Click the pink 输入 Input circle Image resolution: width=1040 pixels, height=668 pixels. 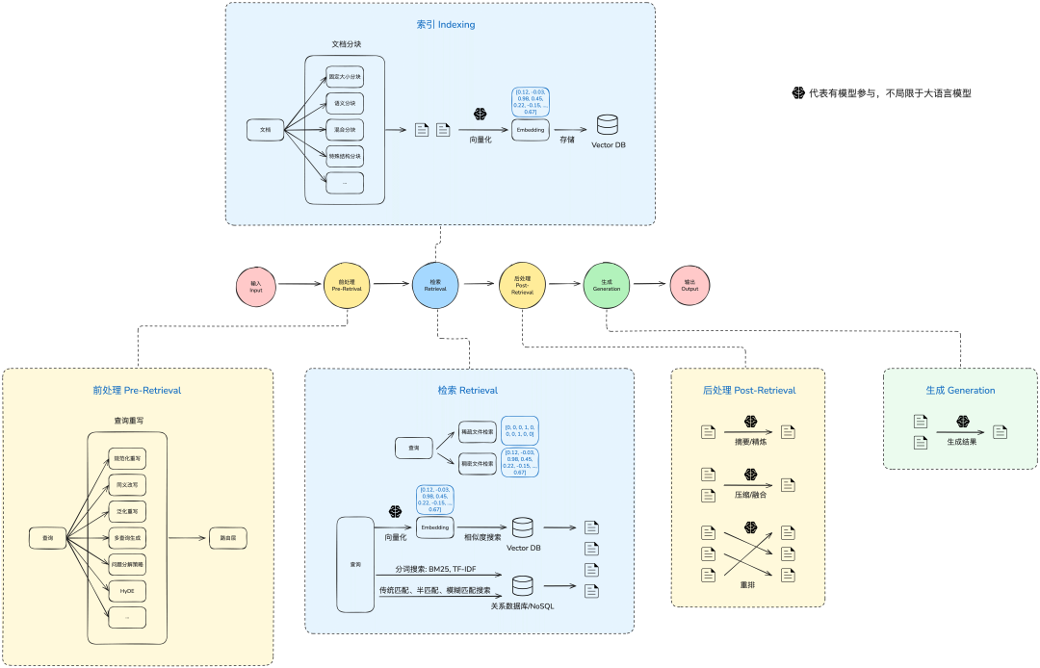255,285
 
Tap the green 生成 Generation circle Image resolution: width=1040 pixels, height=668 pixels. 606,285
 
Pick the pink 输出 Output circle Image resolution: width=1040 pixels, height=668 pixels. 689,285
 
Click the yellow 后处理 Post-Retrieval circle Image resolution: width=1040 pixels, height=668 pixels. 522,285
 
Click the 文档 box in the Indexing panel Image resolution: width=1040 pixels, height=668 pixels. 266,129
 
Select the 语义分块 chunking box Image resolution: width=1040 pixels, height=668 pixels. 345,103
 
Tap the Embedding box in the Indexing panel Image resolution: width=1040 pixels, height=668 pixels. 531,129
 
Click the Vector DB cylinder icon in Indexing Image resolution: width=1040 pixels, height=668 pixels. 608,125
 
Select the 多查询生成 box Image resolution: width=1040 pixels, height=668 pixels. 127,538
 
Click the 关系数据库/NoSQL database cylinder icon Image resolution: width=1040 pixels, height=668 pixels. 523,585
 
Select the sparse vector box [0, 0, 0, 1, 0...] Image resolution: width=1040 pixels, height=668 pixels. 519,429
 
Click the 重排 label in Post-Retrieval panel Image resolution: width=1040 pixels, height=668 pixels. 746,584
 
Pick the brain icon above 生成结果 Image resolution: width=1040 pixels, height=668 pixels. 963,422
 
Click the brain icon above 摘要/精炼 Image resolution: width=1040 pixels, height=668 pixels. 750,421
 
